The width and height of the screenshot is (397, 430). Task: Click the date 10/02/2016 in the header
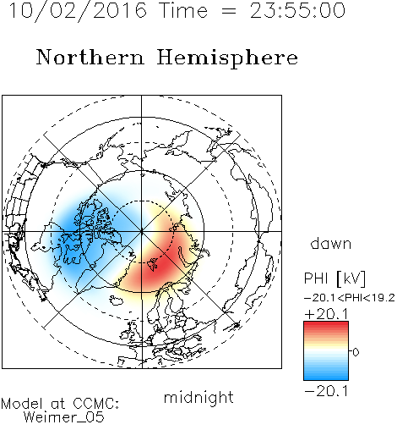tap(78, 10)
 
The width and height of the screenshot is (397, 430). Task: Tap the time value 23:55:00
tap(297, 10)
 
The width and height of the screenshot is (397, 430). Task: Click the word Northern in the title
tap(90, 58)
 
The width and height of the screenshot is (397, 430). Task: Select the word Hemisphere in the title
tap(227, 58)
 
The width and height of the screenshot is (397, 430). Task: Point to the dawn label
tap(331, 243)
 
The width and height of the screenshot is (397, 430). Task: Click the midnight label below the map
tap(198, 397)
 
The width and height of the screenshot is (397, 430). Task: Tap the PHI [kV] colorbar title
tap(335, 278)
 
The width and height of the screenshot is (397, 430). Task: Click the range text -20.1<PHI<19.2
tap(350, 298)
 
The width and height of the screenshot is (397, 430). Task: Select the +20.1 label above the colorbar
tap(327, 314)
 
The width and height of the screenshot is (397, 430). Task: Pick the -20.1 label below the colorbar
tap(327, 391)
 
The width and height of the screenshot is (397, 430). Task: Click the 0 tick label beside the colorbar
tap(356, 352)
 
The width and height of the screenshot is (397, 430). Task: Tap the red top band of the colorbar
tap(326, 326)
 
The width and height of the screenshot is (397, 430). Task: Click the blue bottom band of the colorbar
tap(326, 375)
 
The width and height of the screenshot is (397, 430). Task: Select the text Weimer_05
tap(64, 417)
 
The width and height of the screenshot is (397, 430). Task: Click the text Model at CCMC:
tap(60, 404)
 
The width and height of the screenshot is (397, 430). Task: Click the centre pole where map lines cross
tap(142, 231)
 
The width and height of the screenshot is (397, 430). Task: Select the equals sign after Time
tap(229, 12)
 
